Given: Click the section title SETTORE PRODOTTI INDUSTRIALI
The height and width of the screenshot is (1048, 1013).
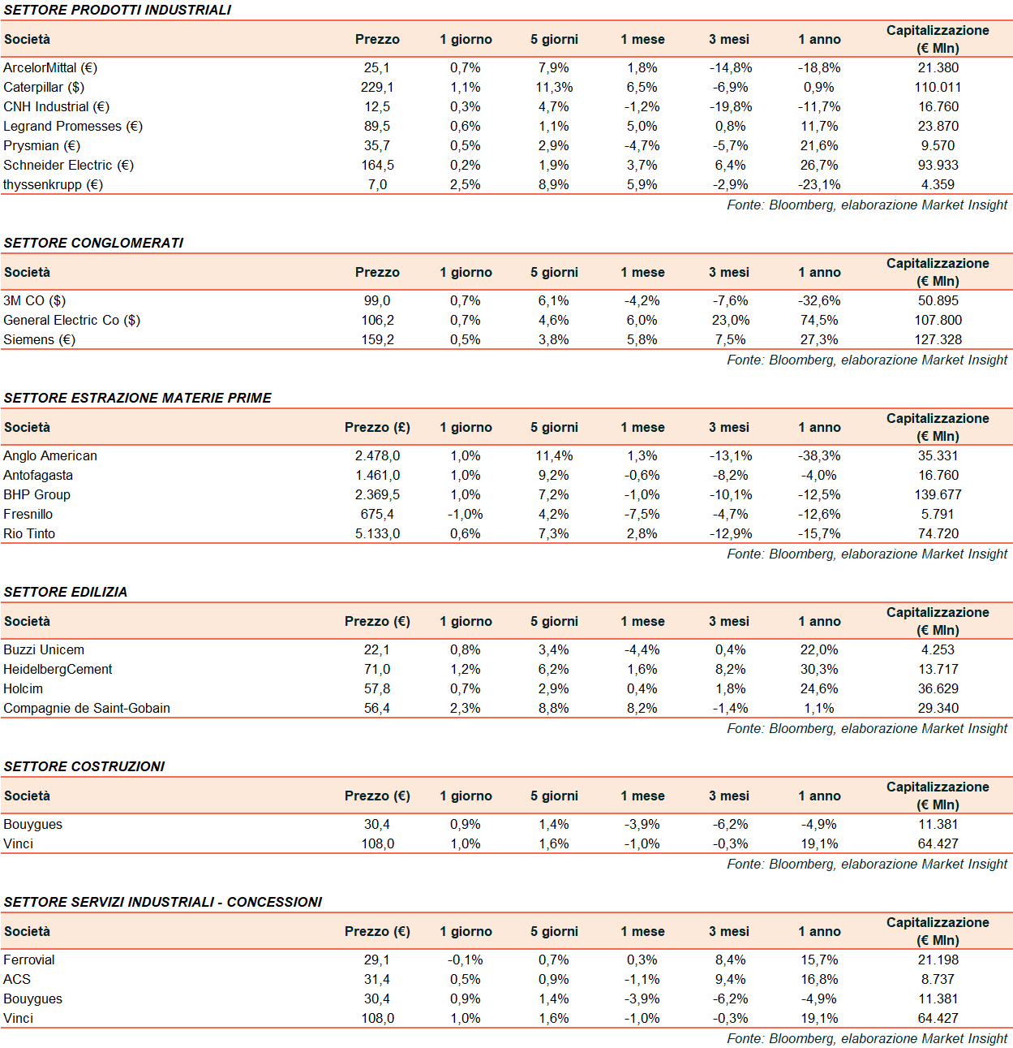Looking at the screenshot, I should click(118, 10).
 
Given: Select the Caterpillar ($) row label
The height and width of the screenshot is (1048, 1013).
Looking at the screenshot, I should click(44, 87).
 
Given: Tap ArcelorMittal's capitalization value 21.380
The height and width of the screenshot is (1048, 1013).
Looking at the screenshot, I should click(938, 67).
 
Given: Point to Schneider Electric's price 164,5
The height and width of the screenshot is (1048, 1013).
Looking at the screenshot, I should click(377, 165).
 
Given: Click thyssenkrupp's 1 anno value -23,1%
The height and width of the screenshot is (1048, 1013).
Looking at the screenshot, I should click(819, 184).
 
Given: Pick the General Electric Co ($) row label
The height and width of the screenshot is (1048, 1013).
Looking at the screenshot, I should click(71, 320).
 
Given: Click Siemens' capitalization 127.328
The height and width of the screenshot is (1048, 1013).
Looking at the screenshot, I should click(938, 339).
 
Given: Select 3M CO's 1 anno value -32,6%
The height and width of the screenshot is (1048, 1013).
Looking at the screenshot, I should click(819, 300).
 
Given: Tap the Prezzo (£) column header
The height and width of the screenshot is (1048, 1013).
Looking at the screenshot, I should click(377, 427).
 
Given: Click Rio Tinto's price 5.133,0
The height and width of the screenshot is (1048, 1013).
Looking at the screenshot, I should click(377, 533).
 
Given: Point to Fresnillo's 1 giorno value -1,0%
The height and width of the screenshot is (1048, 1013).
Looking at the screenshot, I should click(466, 514).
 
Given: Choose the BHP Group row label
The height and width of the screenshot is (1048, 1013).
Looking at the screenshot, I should click(36, 494).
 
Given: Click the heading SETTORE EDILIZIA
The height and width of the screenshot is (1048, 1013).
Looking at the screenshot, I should click(66, 592).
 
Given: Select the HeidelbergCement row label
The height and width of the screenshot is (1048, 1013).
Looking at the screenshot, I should click(58, 669).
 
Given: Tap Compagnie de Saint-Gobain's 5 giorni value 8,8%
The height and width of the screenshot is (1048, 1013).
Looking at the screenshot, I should click(554, 708).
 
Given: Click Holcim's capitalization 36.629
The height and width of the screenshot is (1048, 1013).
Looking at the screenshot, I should click(938, 688).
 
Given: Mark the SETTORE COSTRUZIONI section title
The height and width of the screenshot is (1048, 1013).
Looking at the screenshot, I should click(84, 766).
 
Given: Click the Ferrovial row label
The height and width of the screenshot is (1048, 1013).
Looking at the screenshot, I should click(29, 960).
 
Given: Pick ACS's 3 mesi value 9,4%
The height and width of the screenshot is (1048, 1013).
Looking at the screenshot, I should click(730, 979).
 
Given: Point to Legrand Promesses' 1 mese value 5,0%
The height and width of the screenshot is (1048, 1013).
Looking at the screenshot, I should click(642, 126).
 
